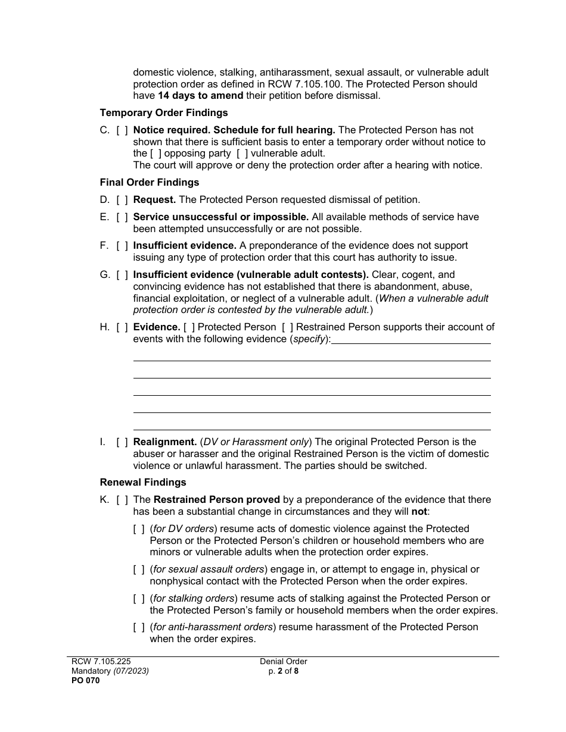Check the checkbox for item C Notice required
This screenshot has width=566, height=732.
[x=122, y=130]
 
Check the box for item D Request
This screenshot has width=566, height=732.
[x=122, y=200]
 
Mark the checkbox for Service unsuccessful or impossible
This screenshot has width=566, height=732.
[x=122, y=217]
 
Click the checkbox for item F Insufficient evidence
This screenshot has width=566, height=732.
[x=122, y=246]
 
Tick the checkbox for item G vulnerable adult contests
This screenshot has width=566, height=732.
[x=122, y=275]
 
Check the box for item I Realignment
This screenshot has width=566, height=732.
[x=122, y=442]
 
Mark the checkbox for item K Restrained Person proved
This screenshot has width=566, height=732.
[x=122, y=500]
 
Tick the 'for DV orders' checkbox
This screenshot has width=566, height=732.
[x=139, y=529]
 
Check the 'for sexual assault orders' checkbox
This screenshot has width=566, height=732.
[x=139, y=570]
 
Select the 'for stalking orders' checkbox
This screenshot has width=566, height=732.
[x=139, y=599]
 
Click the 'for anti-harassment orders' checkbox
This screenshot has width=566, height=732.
[x=139, y=627]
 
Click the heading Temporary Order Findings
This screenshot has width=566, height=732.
[x=163, y=112]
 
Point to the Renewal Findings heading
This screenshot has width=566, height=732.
[x=143, y=483]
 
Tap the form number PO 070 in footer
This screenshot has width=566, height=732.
[x=83, y=681]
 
